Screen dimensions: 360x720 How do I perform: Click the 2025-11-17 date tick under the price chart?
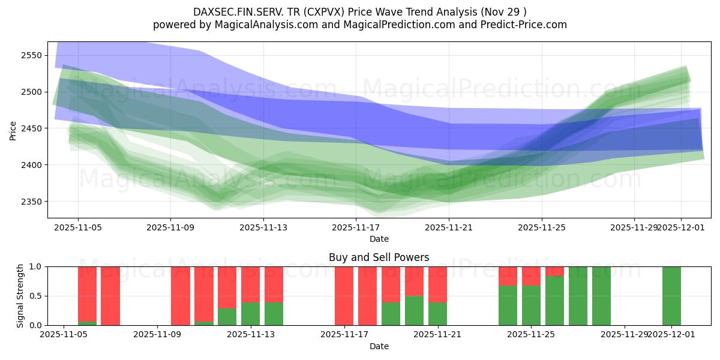point(356,227)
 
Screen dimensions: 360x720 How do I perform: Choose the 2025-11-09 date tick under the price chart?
point(170,227)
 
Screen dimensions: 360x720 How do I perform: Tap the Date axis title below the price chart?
point(379,239)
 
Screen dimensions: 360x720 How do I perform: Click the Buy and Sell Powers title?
point(379,257)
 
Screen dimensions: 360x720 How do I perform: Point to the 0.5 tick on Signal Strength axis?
point(35,296)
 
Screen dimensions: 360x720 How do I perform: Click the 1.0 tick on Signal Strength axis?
point(35,266)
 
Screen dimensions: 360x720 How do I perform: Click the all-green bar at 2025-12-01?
point(671,296)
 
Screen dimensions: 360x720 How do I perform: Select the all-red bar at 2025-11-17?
point(344,296)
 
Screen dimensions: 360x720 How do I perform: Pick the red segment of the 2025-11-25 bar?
point(531,275)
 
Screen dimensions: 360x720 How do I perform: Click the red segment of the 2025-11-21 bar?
point(437,284)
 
